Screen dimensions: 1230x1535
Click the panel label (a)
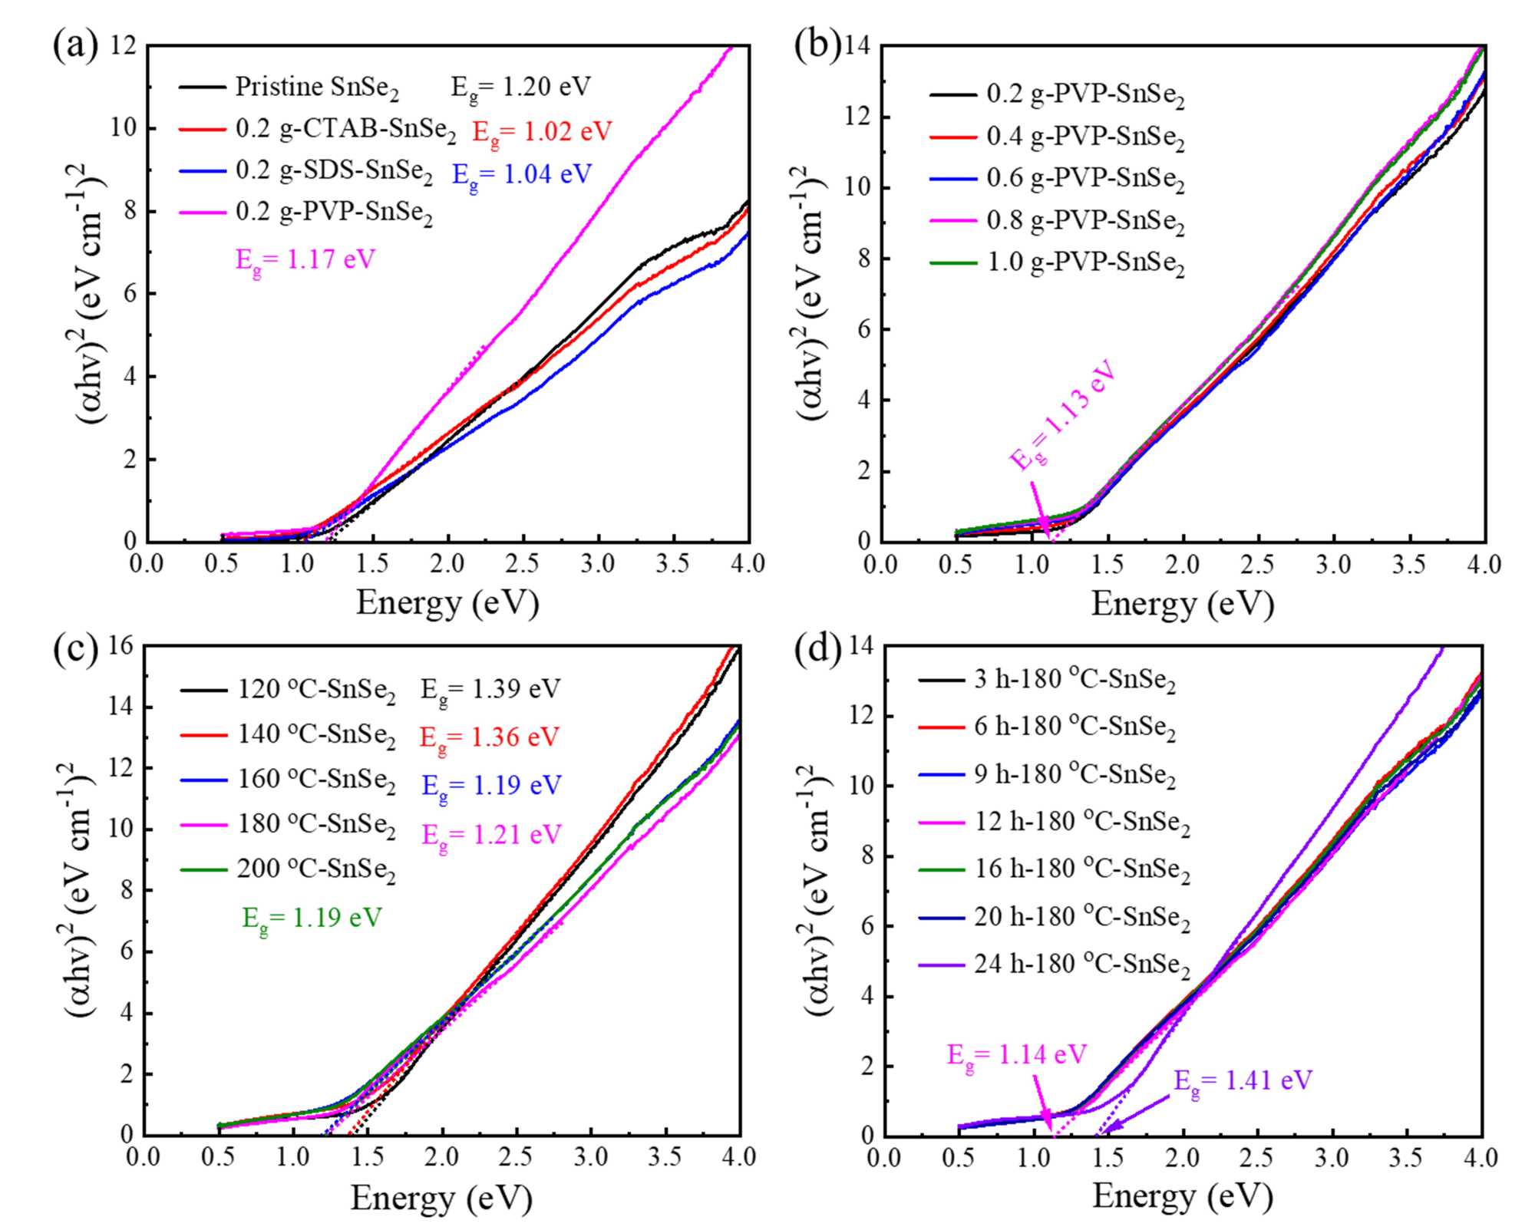[x=75, y=46]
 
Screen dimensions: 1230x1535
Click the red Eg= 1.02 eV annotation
[x=542, y=132]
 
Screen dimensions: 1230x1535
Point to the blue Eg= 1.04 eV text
[x=522, y=175]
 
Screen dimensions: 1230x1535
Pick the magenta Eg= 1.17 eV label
[x=305, y=261]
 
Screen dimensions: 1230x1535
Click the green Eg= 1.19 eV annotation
[x=312, y=918]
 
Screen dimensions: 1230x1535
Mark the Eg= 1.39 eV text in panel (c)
[x=490, y=689]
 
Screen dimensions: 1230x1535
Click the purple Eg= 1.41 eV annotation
[x=1243, y=1081]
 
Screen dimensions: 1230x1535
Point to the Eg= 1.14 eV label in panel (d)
[x=1016, y=1055]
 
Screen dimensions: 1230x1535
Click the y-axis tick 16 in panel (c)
[x=122, y=646]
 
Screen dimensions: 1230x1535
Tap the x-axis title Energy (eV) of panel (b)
[x=1182, y=604]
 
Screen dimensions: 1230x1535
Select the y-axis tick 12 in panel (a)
[x=124, y=45]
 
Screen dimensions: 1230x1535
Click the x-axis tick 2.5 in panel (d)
[x=1257, y=1157]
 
